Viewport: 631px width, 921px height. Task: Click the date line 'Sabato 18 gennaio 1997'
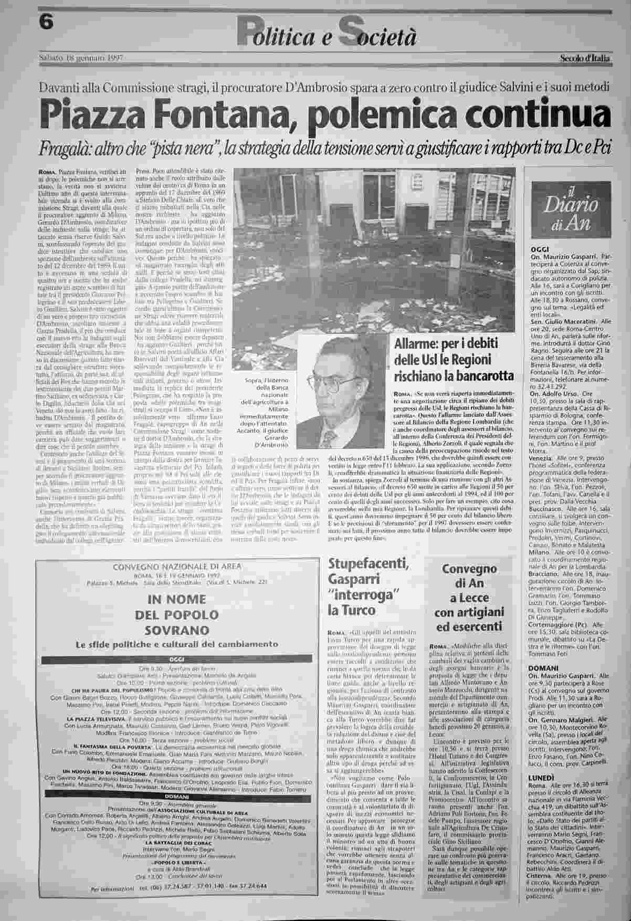coord(81,58)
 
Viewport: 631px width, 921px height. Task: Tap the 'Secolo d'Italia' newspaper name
coord(584,58)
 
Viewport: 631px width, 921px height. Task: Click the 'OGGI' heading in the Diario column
coord(540,249)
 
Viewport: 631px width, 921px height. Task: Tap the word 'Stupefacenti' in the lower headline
coord(368,564)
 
